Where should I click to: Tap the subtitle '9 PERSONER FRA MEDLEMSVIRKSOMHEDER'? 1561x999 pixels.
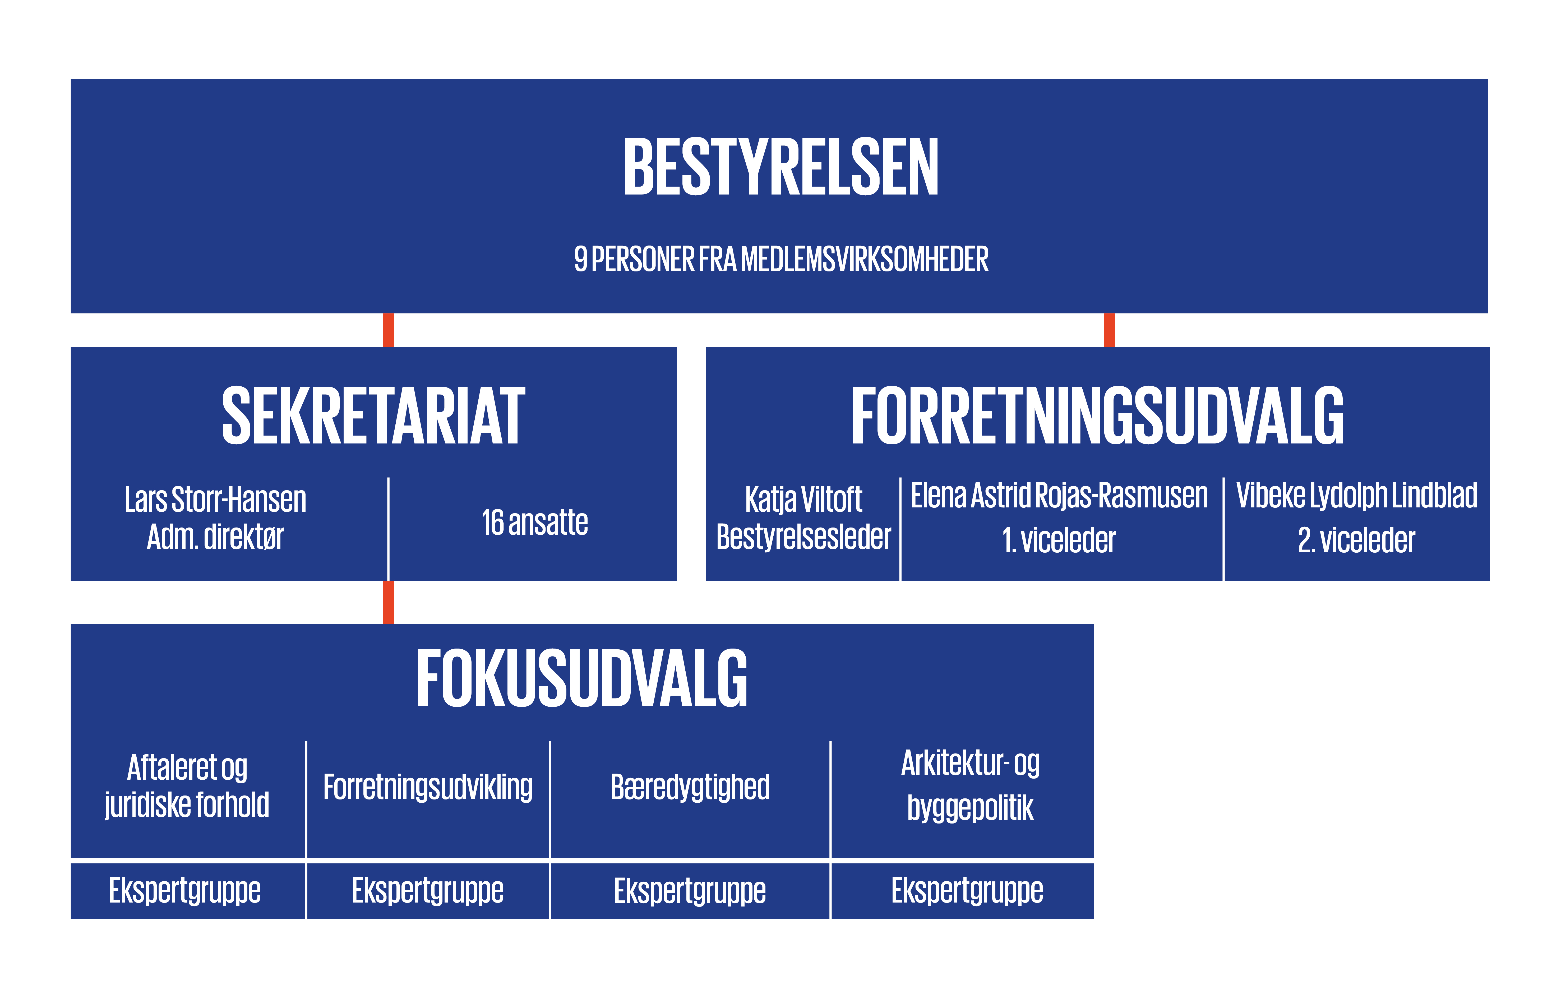pos(781,259)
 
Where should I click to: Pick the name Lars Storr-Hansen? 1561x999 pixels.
pos(215,499)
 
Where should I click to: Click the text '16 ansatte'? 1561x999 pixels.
pos(535,522)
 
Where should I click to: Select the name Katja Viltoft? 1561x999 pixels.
pos(803,499)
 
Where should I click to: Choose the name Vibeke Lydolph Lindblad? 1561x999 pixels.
pos(1357,496)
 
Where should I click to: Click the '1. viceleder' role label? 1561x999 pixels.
pos(1059,540)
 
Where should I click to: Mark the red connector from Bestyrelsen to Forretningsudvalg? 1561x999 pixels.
pos(1110,330)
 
